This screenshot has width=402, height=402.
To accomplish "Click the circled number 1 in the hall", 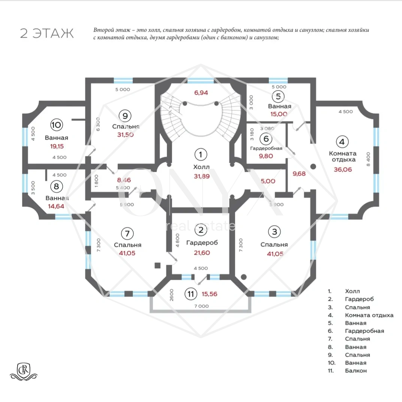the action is pyautogui.click(x=201, y=154).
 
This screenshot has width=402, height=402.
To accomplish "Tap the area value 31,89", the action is pyautogui.click(x=202, y=176).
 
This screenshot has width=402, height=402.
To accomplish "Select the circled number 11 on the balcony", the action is pyautogui.click(x=191, y=294).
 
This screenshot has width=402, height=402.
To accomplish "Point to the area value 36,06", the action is pyautogui.click(x=343, y=169).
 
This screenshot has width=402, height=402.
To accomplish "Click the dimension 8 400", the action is pyautogui.click(x=368, y=159).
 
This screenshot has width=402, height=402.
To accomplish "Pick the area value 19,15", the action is pyautogui.click(x=57, y=146).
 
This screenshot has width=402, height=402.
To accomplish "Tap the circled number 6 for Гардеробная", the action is pyautogui.click(x=266, y=139).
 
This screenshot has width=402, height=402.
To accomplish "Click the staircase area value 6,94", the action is pyautogui.click(x=201, y=93).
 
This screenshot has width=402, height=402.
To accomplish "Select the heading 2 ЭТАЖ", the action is pyautogui.click(x=47, y=33).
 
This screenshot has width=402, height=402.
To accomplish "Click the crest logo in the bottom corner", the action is pyautogui.click(x=24, y=371).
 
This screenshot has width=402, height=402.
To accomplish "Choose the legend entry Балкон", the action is pyautogui.click(x=356, y=371).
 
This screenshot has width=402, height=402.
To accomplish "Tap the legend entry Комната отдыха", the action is pyautogui.click(x=369, y=315).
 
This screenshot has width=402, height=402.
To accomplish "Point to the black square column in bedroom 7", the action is pyautogui.click(x=157, y=265).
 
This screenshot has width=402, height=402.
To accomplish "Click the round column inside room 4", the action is pyautogui.click(x=313, y=166).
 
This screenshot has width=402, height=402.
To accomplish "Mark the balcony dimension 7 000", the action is pyautogui.click(x=201, y=306).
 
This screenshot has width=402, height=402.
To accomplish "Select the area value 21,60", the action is pyautogui.click(x=202, y=253).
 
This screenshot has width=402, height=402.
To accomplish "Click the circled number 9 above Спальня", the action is pyautogui.click(x=125, y=116).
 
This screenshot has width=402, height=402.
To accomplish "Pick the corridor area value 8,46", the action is pyautogui.click(x=124, y=180).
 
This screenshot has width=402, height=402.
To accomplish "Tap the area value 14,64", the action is pyautogui.click(x=56, y=206).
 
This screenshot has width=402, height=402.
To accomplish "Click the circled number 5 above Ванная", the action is pyautogui.click(x=278, y=96).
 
